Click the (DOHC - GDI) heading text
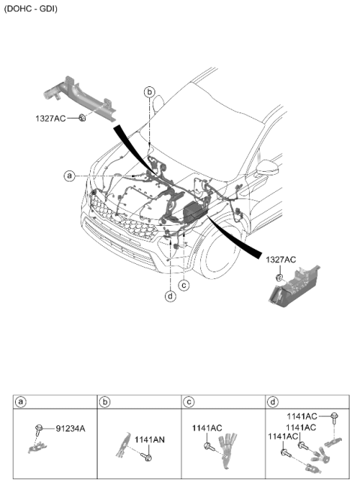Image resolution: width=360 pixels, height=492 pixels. pyautogui.click(x=31, y=8)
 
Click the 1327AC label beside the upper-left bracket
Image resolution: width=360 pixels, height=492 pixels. pyautogui.click(x=50, y=118)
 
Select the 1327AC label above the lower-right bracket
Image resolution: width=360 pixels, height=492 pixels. pyautogui.click(x=280, y=259)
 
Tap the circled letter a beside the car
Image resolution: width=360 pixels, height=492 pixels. pyautogui.click(x=69, y=175)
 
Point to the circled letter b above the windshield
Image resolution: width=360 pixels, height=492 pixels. pyautogui.click(x=150, y=92)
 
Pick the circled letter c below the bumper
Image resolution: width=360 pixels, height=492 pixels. pyautogui.click(x=184, y=285)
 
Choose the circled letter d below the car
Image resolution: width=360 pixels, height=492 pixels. pyautogui.click(x=170, y=296)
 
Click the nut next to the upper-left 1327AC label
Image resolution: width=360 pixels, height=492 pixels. pyautogui.click(x=82, y=118)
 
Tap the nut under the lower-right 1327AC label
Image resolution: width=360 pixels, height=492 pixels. pyautogui.click(x=279, y=277)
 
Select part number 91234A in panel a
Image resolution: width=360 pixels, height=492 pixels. pyautogui.click(x=70, y=428)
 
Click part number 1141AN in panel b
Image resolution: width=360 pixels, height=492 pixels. pyautogui.click(x=149, y=440)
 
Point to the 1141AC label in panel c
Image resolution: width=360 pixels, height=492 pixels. pyautogui.click(x=207, y=428)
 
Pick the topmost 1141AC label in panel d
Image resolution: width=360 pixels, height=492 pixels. pyautogui.click(x=302, y=416)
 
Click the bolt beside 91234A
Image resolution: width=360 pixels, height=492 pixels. pyautogui.click(x=39, y=430)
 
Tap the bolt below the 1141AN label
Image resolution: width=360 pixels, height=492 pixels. pyautogui.click(x=147, y=457)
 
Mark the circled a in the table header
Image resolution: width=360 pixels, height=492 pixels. pyautogui.click(x=20, y=402)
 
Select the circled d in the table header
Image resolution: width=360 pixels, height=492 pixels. pyautogui.click(x=273, y=402)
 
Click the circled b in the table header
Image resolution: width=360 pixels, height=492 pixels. pyautogui.click(x=104, y=402)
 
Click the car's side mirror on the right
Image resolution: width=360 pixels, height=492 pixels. pyautogui.click(x=267, y=169)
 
